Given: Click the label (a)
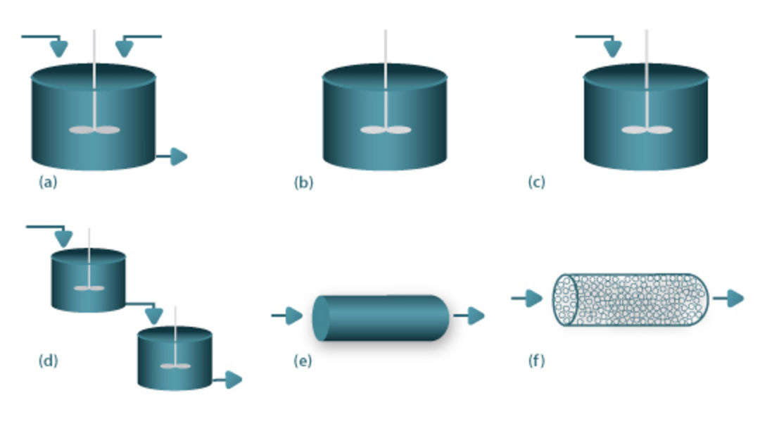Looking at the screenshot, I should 48,182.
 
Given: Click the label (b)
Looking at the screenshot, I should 303,182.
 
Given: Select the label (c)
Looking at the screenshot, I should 536,182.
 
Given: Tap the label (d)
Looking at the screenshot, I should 48,361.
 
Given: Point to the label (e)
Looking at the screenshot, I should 302,361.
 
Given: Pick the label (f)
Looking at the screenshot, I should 536,361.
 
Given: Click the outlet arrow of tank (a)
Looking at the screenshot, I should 177,156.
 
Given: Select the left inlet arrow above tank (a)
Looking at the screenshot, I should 58,48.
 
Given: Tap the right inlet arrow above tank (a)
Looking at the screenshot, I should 125,48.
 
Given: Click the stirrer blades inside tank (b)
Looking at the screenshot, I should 386,130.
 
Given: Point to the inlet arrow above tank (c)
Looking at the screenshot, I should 612,48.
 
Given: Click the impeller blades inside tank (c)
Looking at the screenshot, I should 647,130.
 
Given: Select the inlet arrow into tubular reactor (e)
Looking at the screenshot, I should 291,316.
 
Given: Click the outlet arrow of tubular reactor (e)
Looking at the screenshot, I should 474,316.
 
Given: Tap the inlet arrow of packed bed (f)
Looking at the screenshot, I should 531,299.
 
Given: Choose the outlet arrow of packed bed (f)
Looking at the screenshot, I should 733,299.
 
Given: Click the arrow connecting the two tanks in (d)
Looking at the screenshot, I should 153,314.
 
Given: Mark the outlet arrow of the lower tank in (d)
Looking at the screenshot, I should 232,380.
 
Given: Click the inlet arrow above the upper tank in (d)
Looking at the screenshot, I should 63,237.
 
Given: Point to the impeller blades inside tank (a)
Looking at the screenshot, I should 94,130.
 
